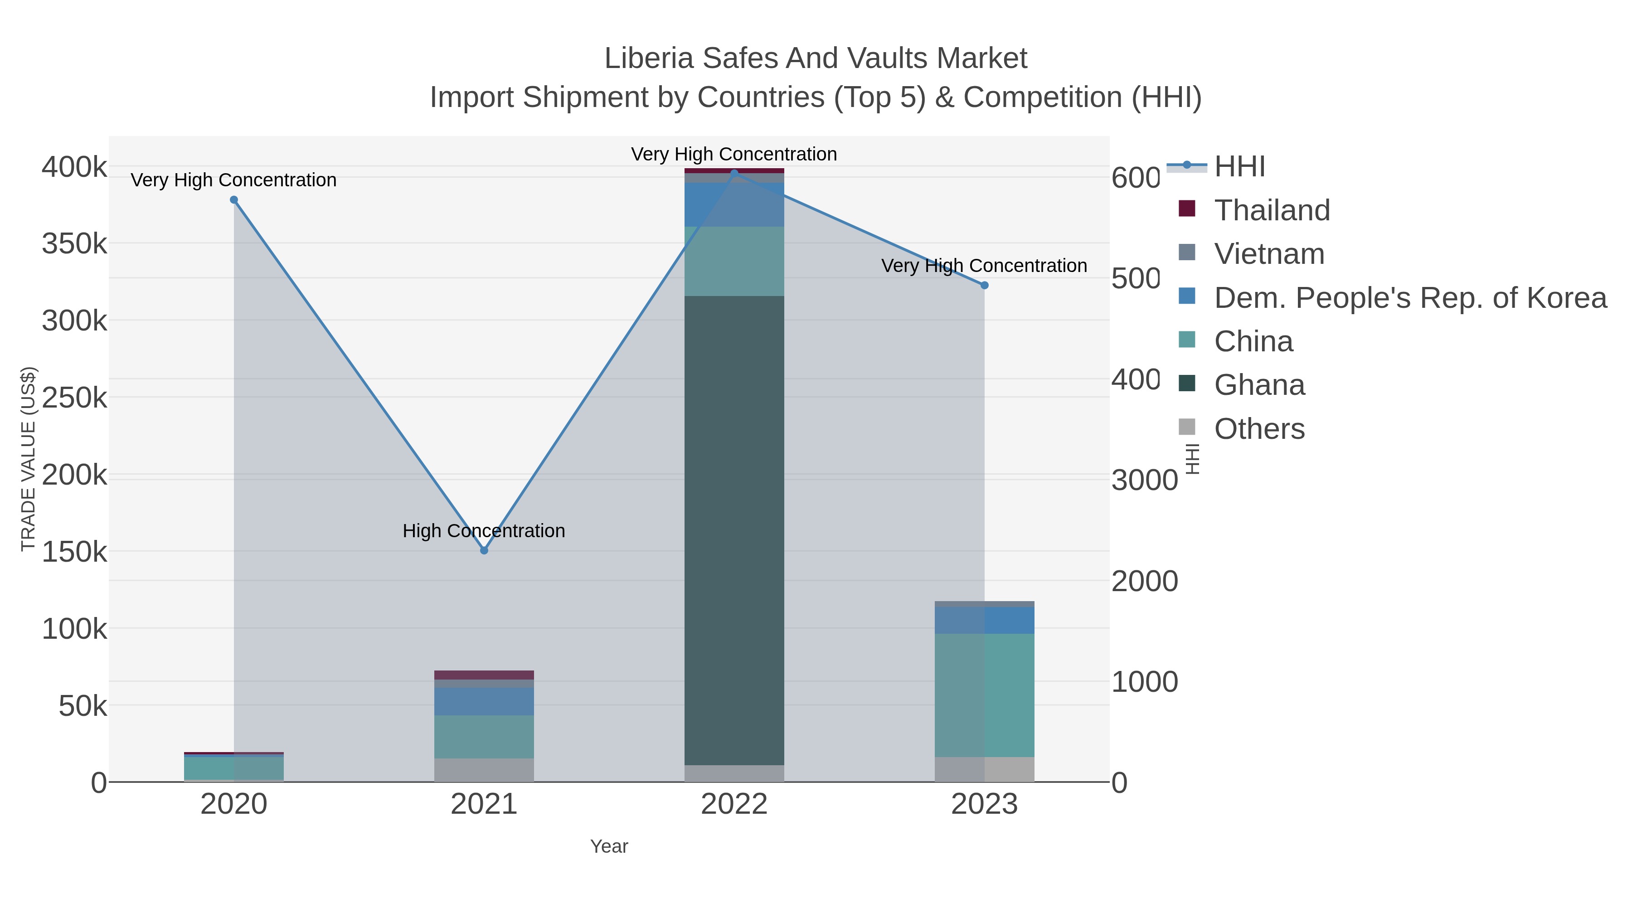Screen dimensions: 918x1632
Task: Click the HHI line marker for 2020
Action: (x=234, y=199)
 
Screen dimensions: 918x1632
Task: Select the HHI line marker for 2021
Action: (x=484, y=550)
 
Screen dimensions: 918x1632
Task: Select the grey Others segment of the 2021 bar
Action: (x=484, y=770)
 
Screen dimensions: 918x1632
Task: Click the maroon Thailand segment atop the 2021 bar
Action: (x=484, y=675)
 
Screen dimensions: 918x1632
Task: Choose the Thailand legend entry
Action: (x=1272, y=210)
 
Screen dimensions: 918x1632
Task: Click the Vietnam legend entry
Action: (x=1269, y=253)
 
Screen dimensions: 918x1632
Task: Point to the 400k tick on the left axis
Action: (x=74, y=167)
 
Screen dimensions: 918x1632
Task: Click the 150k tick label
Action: (x=74, y=552)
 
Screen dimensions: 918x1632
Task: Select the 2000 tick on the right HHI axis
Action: (x=1144, y=581)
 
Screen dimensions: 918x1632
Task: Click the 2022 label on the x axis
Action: (x=734, y=804)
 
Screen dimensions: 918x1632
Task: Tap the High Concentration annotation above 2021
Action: (x=484, y=530)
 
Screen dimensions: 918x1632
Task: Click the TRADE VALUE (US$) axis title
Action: (x=28, y=459)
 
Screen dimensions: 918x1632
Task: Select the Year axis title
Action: (x=609, y=846)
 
